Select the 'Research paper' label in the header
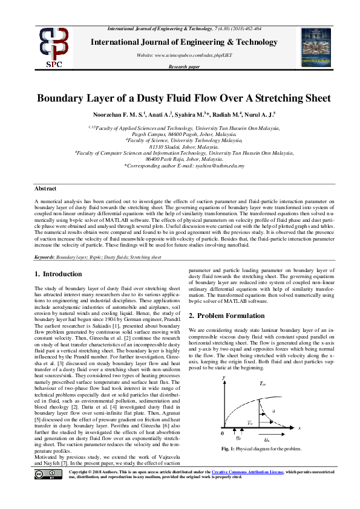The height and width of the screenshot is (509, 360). click(x=184, y=66)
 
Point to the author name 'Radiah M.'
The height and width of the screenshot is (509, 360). click(x=227, y=114)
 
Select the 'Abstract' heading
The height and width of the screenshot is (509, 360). click(x=45, y=189)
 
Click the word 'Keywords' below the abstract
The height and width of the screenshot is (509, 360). click(x=45, y=257)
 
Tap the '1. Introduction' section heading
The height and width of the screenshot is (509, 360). click(x=58, y=274)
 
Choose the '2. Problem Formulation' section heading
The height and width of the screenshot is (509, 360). click(x=226, y=316)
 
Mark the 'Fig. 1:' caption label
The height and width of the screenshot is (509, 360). click(x=228, y=449)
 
